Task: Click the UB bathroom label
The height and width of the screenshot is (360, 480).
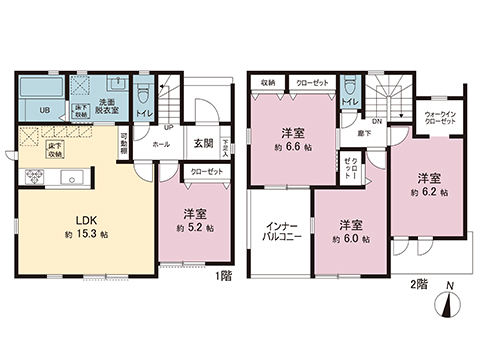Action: point(44,110)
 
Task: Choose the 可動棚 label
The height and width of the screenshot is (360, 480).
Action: point(123,143)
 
